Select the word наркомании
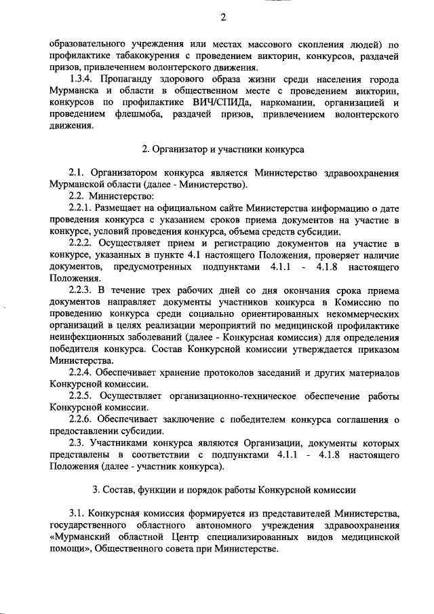(x=283, y=102)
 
